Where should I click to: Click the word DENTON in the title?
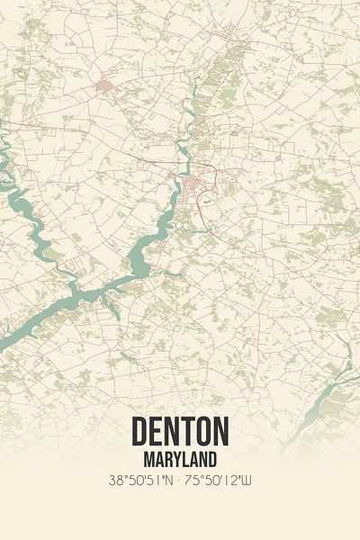click(180, 433)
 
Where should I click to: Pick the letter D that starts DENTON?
click(141, 433)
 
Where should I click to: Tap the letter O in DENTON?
click(202, 433)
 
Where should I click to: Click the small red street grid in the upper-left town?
click(107, 87)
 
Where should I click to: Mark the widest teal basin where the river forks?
click(139, 261)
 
